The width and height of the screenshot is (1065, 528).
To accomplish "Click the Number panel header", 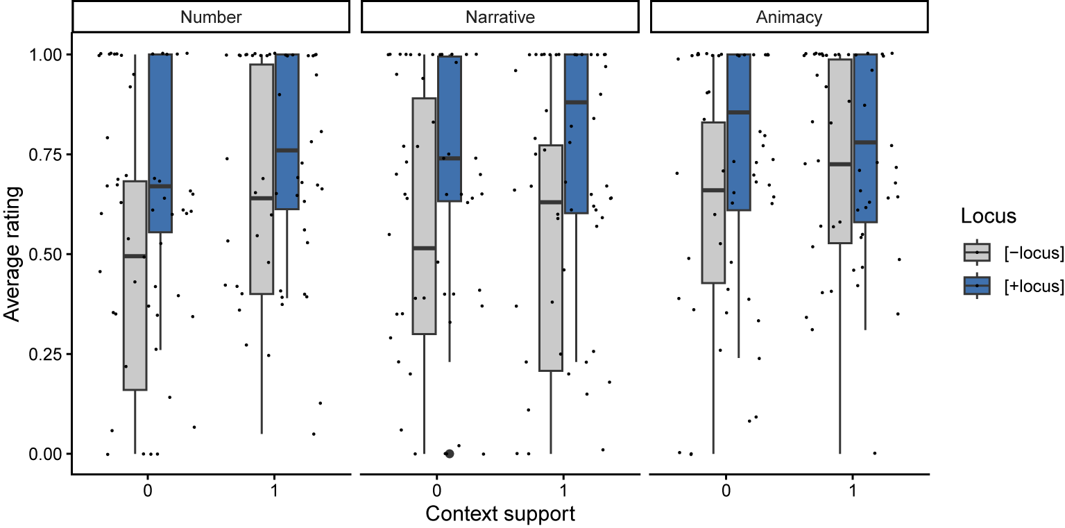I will pyautogui.click(x=210, y=17).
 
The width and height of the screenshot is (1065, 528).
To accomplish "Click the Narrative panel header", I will pyautogui.click(x=500, y=17).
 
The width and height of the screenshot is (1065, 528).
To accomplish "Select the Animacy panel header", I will pyautogui.click(x=788, y=17).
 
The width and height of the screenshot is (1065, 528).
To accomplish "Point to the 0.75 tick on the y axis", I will pyautogui.click(x=51, y=154).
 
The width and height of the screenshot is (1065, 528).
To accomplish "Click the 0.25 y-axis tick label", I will pyautogui.click(x=51, y=354).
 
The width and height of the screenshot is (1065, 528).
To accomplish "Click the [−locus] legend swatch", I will pyautogui.click(x=977, y=253).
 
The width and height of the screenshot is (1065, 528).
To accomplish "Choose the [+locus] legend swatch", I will pyautogui.click(x=977, y=285).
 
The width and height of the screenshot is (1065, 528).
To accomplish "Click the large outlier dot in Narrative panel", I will pyautogui.click(x=449, y=454).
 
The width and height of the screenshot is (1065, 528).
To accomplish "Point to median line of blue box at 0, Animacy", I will pyautogui.click(x=738, y=112).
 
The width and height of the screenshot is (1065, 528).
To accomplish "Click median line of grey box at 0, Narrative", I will pyautogui.click(x=424, y=248).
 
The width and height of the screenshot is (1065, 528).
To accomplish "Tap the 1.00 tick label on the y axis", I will pyautogui.click(x=51, y=54).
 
